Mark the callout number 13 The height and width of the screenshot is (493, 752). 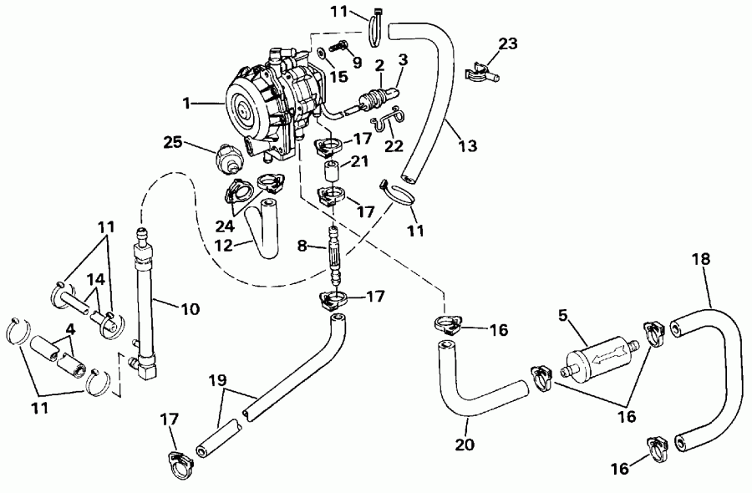click(x=467, y=145)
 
